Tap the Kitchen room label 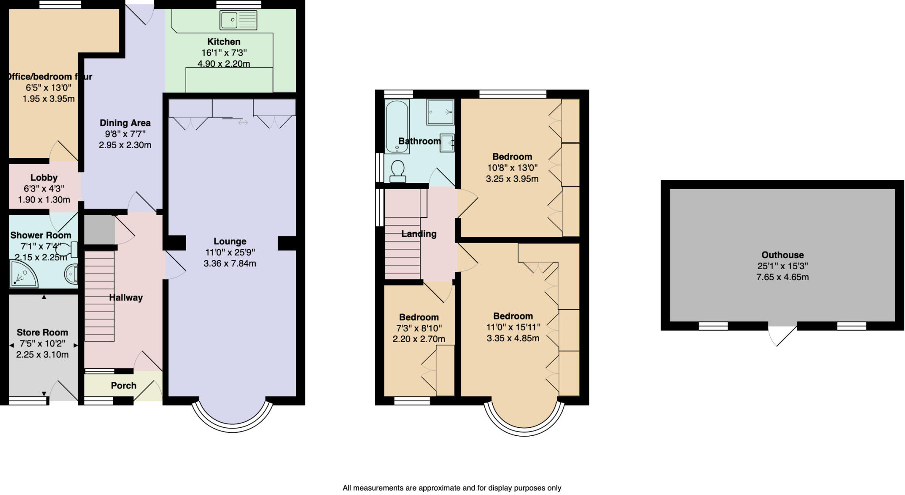point(224,42)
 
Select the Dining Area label point(125,123)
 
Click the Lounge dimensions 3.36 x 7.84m point(230,263)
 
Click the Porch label point(124,385)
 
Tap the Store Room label point(42,332)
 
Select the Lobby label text point(44,177)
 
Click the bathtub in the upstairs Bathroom point(397,126)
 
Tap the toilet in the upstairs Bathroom point(398,171)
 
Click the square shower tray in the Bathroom point(440,112)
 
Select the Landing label point(418,234)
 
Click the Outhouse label point(782,255)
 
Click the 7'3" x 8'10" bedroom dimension point(418,328)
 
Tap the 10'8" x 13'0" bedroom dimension point(512,168)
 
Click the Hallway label point(126,297)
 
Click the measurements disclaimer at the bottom point(452,488)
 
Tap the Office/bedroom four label point(49,76)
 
